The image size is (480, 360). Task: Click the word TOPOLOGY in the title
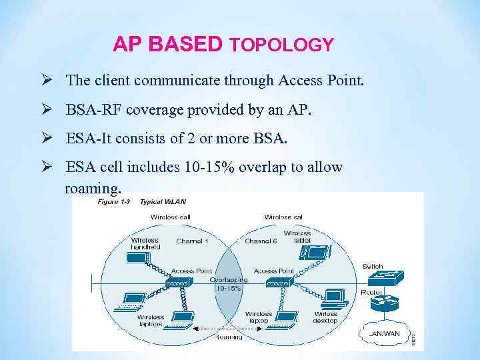pyautogui.click(x=281, y=45)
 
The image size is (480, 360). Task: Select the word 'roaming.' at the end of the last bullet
pyautogui.click(x=93, y=187)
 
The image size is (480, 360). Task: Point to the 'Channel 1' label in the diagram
pyautogui.click(x=192, y=241)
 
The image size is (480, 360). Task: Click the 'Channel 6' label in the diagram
pyautogui.click(x=261, y=241)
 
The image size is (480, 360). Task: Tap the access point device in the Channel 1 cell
pyautogui.click(x=179, y=283)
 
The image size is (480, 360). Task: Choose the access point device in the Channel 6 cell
pyautogui.click(x=279, y=283)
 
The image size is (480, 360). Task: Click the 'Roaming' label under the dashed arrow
pyautogui.click(x=229, y=337)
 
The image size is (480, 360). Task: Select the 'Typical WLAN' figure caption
pyautogui.click(x=163, y=201)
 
